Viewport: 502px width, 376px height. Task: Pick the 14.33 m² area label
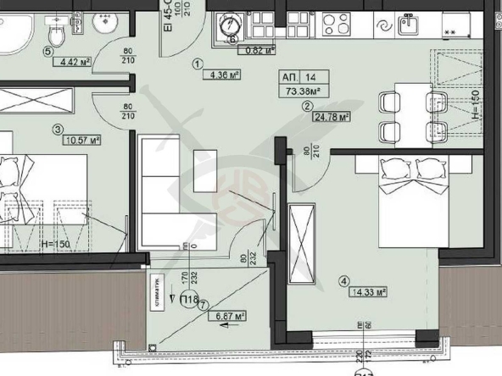(x=366, y=292)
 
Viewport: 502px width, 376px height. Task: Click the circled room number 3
(x=58, y=130)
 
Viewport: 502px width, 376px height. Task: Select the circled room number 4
(x=343, y=282)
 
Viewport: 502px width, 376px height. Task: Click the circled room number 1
(x=197, y=63)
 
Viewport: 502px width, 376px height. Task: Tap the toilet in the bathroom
(x=56, y=34)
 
